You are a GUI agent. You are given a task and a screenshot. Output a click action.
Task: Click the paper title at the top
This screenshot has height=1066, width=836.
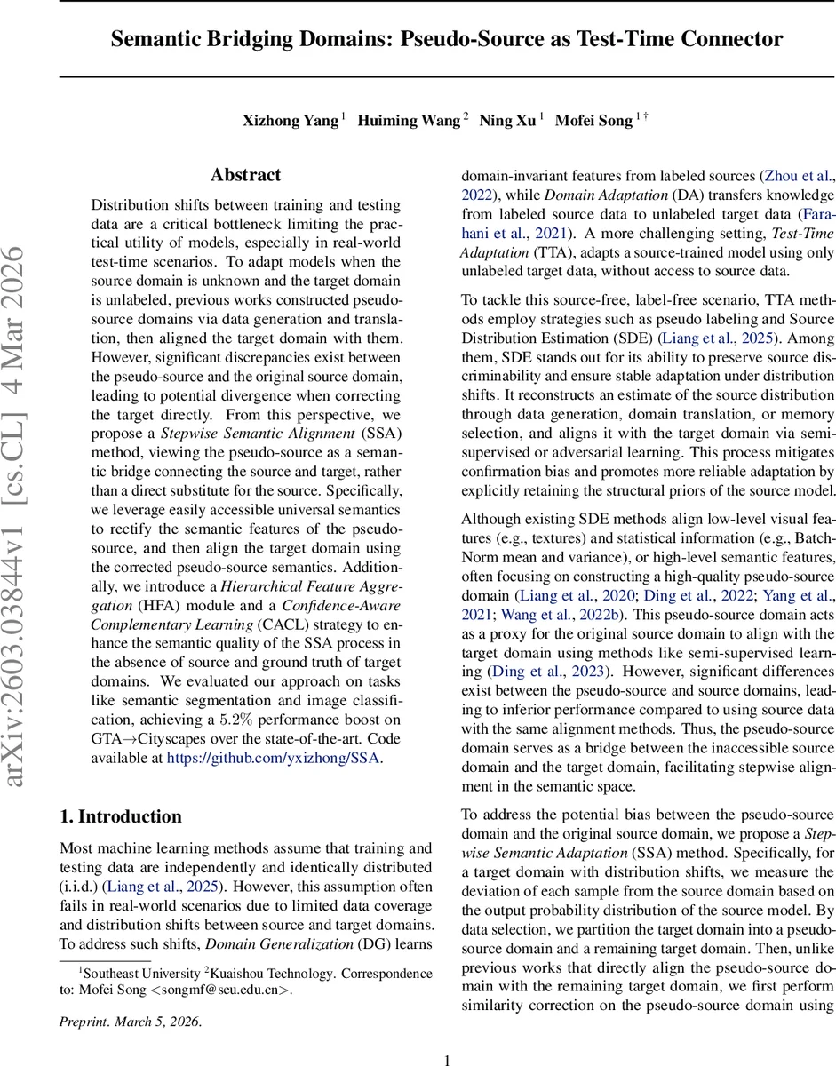[446, 40]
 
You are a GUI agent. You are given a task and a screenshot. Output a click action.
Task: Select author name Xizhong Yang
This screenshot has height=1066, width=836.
[289, 121]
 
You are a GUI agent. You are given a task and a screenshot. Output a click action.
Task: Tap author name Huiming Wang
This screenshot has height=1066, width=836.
[409, 121]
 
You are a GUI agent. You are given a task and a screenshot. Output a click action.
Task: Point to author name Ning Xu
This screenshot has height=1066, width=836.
[507, 121]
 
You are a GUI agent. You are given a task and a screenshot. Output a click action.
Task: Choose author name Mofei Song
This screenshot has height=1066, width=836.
[593, 121]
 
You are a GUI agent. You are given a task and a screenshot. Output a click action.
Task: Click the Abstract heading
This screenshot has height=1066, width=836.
[245, 175]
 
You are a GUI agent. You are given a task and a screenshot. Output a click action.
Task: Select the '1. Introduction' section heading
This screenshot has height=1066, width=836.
[120, 816]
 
